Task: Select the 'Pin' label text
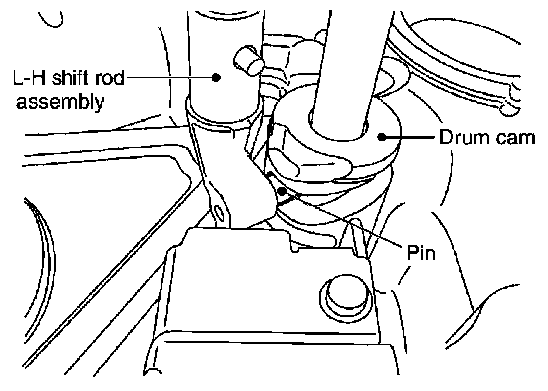tap(421, 253)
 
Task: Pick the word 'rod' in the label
tap(110, 78)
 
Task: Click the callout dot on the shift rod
tap(215, 77)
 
